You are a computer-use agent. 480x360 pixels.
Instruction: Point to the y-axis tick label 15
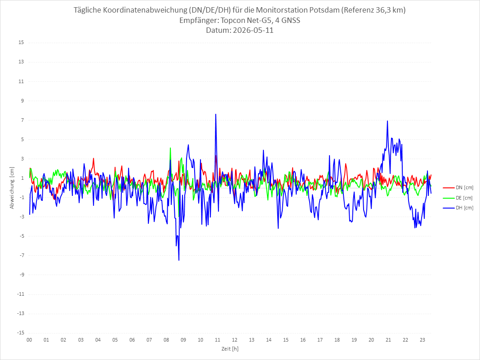click(x=21, y=43)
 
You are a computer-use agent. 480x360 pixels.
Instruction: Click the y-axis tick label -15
click(x=21, y=333)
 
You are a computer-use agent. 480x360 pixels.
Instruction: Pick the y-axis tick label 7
click(x=22, y=120)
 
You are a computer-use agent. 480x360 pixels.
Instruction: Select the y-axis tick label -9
click(x=22, y=275)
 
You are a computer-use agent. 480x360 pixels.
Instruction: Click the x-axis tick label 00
click(x=29, y=340)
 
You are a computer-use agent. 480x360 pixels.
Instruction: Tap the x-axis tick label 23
click(x=422, y=340)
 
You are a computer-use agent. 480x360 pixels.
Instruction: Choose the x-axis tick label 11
click(x=218, y=340)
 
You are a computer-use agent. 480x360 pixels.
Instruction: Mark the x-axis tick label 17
click(x=320, y=340)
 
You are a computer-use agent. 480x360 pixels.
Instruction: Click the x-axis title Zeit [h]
click(x=230, y=349)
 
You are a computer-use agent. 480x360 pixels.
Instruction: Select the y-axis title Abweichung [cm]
click(x=12, y=188)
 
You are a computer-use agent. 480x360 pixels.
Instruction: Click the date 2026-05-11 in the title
click(x=253, y=30)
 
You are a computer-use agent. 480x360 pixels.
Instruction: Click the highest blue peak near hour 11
click(x=216, y=114)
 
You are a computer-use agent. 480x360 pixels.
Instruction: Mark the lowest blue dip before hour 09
click(x=179, y=260)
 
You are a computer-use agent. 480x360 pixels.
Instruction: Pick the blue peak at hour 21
click(x=387, y=121)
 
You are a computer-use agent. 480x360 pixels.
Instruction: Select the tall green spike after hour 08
click(x=170, y=148)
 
